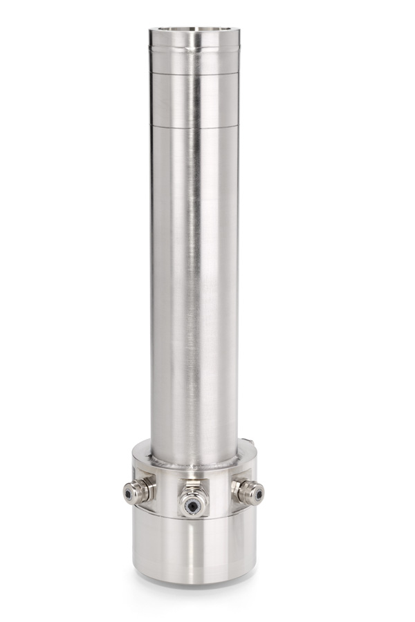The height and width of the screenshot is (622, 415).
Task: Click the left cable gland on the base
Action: [133, 491]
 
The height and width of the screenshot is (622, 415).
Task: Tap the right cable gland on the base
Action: [249, 490]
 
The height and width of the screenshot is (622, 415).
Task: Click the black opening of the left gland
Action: [129, 493]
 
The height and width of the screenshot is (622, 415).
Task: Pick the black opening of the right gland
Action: [258, 493]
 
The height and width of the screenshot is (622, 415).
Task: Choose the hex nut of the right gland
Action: [240, 488]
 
